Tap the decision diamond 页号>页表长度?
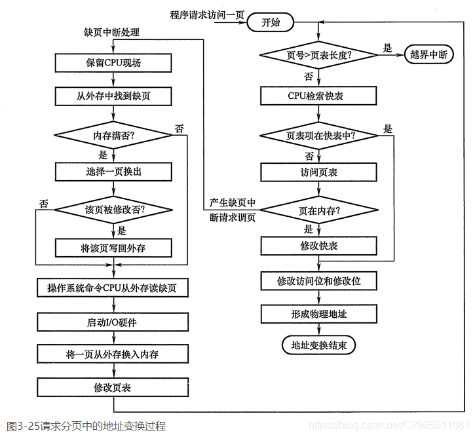click(x=319, y=55)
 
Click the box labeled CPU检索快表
click(x=319, y=96)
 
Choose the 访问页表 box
click(x=319, y=172)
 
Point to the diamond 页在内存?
click(x=319, y=211)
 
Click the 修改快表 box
click(x=319, y=246)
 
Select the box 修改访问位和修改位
click(x=319, y=280)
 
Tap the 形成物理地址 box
click(x=319, y=314)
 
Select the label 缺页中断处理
click(x=112, y=31)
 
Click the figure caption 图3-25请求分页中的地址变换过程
click(x=83, y=427)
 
